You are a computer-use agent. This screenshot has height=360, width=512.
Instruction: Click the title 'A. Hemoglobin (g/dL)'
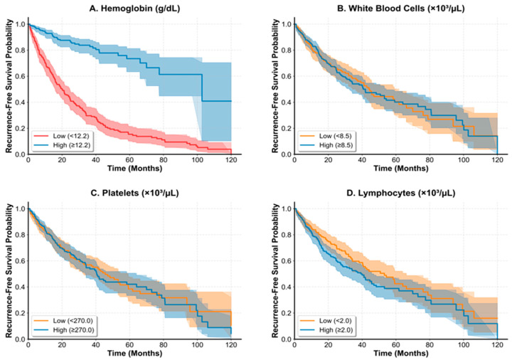click(134, 8)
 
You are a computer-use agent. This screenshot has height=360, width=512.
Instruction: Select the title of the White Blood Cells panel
click(400, 8)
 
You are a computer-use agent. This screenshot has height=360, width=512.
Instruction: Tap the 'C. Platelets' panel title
click(134, 193)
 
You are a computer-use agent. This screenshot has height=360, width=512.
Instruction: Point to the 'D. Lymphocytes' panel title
click(400, 193)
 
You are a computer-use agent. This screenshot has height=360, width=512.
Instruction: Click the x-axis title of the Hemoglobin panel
click(134, 168)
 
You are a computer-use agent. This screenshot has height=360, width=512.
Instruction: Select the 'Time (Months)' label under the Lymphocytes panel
click(400, 353)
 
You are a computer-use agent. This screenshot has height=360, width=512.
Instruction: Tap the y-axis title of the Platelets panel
click(9, 271)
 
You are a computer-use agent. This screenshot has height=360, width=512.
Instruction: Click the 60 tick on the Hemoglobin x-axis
click(129, 160)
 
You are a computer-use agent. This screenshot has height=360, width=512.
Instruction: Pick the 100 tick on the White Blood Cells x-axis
click(464, 160)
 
